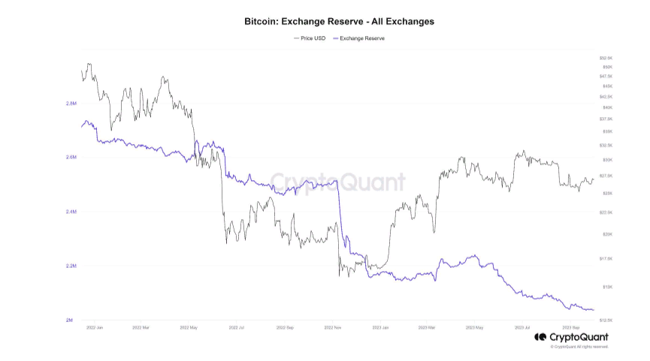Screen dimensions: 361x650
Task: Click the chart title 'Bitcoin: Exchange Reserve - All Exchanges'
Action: [339, 22]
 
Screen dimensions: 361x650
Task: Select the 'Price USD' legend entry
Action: [310, 38]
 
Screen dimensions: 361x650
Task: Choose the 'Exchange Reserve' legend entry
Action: [360, 38]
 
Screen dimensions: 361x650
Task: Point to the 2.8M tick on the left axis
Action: [71, 104]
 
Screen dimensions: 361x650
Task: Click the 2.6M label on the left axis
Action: [71, 158]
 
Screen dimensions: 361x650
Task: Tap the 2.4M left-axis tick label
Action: [71, 212]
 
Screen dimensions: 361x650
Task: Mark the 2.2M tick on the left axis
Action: [71, 266]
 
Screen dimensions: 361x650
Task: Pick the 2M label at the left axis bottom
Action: [69, 320]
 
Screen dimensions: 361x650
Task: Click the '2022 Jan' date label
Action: [95, 328]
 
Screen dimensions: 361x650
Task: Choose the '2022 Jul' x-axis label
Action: [237, 328]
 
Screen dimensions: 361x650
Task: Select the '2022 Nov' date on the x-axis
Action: [334, 328]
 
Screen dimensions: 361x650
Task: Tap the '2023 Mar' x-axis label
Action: [428, 328]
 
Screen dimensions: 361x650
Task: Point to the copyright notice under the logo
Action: [579, 347]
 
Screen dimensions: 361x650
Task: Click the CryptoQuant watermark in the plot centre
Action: [338, 182]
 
